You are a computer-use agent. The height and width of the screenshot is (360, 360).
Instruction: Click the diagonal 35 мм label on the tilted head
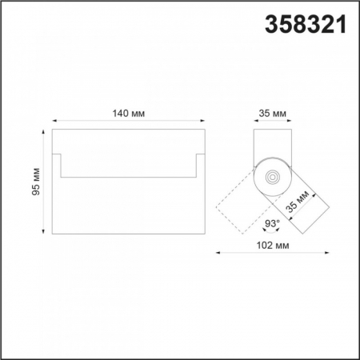coord(298,203)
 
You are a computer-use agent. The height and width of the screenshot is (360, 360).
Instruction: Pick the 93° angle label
coord(272,222)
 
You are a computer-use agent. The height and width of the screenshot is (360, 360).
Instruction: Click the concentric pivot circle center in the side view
coord(273,177)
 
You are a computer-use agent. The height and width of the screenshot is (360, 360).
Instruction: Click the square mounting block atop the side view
coord(273,144)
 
